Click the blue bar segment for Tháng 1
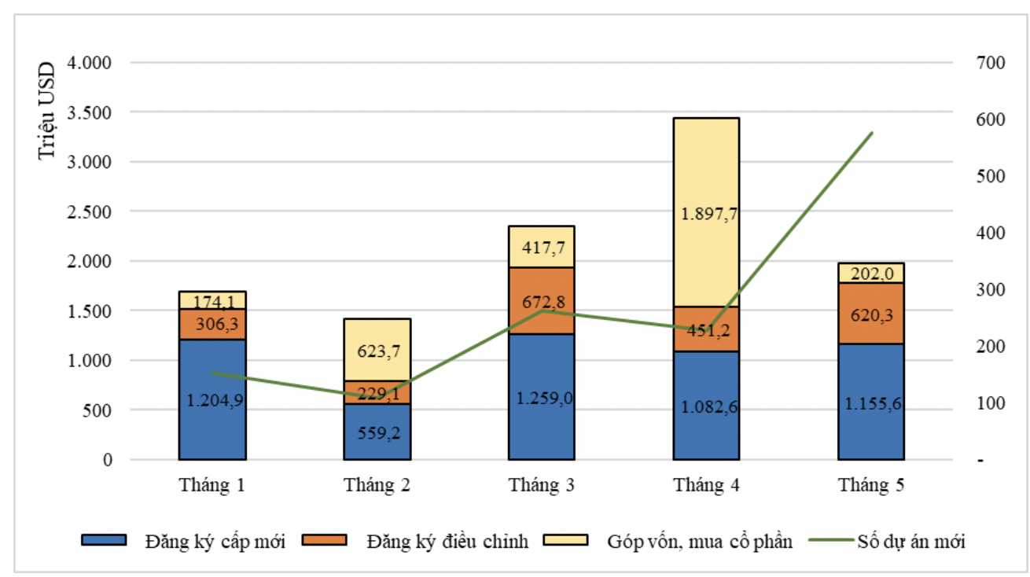pyautogui.click(x=212, y=399)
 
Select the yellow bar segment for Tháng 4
pyautogui.click(x=706, y=212)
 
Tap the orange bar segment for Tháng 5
pyautogui.click(x=870, y=313)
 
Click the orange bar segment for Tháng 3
pyautogui.click(x=541, y=300)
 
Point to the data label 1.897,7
pyautogui.click(x=706, y=214)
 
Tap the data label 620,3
pyautogui.click(x=870, y=315)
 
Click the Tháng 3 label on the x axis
pyautogui.click(x=541, y=485)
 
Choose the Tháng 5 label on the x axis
pyautogui.click(x=870, y=485)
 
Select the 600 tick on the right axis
pyautogui.click(x=989, y=119)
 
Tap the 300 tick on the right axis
pyautogui.click(x=989, y=290)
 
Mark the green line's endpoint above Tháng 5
pyautogui.click(x=872, y=133)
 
